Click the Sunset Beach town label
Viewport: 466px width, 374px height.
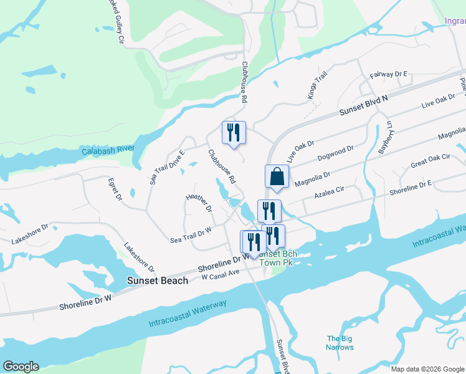[x=157, y=280]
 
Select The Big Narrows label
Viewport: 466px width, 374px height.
[x=340, y=343]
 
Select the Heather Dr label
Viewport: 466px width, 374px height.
[x=199, y=203]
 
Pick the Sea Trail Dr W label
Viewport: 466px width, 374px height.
[x=191, y=235]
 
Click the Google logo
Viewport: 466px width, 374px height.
[x=21, y=367]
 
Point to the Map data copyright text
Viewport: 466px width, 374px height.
[x=427, y=369]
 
